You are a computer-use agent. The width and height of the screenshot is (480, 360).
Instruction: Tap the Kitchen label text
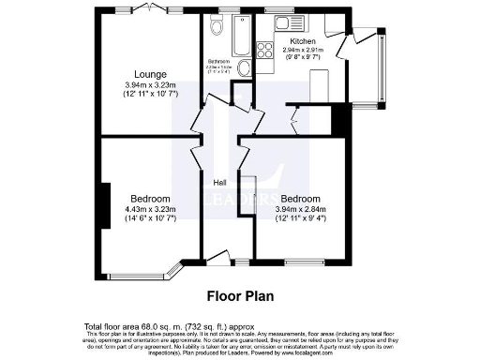coord(304,42)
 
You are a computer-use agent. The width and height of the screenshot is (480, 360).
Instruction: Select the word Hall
coord(219,182)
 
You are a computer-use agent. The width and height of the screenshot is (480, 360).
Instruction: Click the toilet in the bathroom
coord(217,28)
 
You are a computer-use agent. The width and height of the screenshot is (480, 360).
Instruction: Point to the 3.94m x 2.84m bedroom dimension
coord(300,209)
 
